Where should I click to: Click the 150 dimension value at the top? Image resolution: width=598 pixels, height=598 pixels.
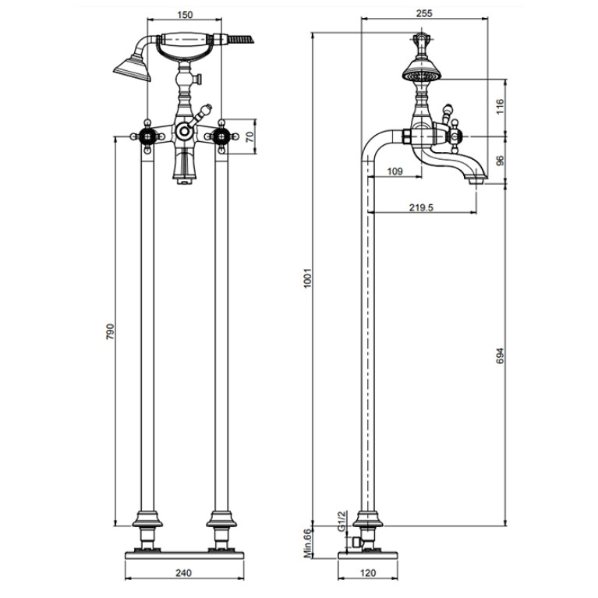coord(185,15)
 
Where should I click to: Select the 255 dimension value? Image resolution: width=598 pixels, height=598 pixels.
coord(424,14)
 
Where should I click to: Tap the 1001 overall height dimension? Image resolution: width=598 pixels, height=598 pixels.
coord(308,278)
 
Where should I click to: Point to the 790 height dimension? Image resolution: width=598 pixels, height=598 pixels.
coord(110,332)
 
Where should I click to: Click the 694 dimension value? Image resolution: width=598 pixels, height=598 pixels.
coord(500,356)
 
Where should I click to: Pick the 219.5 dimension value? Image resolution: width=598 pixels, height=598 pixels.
coord(421,207)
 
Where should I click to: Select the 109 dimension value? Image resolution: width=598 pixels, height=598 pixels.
coord(395,172)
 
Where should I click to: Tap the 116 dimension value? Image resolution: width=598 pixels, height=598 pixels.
coord(500,106)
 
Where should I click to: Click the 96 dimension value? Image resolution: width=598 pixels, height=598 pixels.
coord(500,160)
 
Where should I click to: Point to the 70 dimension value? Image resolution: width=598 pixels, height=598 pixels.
coord(249,137)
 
